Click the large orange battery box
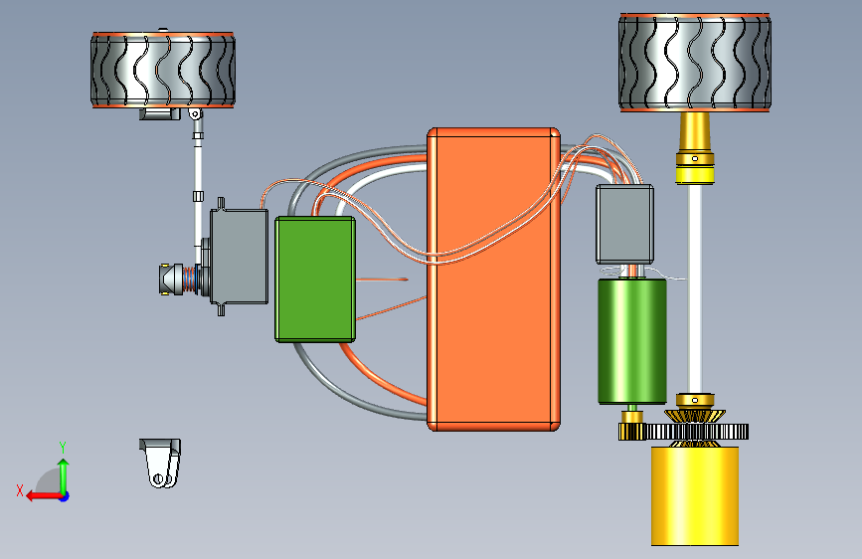click(494, 279)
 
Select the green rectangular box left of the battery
click(315, 279)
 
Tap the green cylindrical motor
click(632, 341)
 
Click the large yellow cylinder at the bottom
click(695, 495)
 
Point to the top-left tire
click(163, 70)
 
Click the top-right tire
click(695, 63)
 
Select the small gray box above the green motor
click(624, 224)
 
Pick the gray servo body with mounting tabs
click(239, 257)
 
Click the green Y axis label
click(63, 448)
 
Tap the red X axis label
click(20, 490)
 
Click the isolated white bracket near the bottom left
click(160, 463)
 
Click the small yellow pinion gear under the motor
click(630, 432)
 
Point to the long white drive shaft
click(695, 288)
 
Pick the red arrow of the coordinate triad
click(44, 496)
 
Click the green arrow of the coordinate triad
click(64, 476)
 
